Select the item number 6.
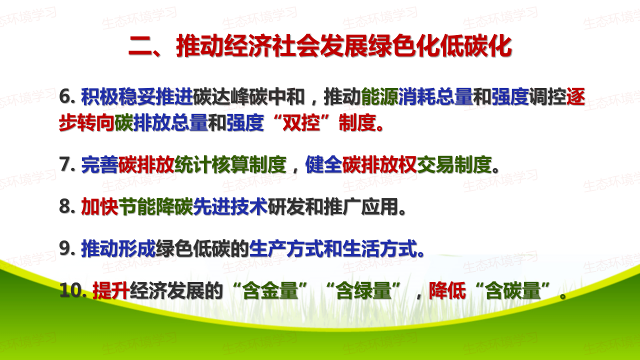click(67, 96)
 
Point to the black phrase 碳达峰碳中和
click(248, 96)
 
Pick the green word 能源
click(379, 96)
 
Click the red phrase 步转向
click(86, 123)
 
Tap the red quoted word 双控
click(301, 123)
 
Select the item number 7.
click(67, 164)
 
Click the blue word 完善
click(99, 164)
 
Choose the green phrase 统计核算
click(211, 164)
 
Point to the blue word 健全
click(323, 164)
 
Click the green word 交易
click(435, 164)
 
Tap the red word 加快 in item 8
click(99, 206)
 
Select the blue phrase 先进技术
click(230, 206)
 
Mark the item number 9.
click(67, 248)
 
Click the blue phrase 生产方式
click(286, 248)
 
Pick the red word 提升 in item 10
click(111, 290)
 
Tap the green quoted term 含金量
click(270, 290)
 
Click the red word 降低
click(447, 290)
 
